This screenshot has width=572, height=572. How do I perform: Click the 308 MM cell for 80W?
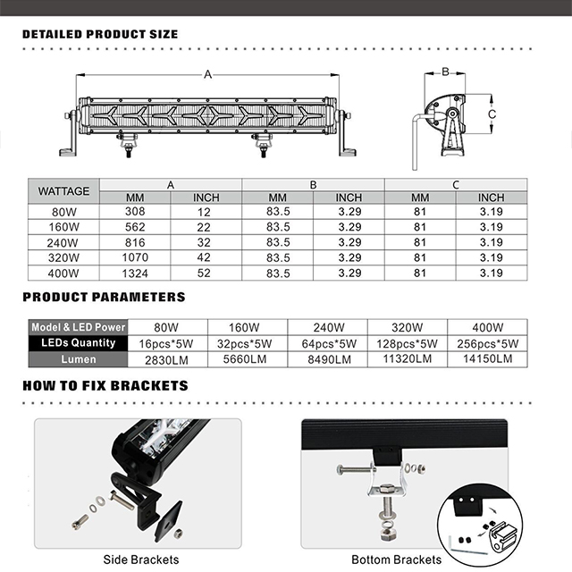(x=135, y=213)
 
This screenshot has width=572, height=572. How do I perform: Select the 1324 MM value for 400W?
(x=135, y=273)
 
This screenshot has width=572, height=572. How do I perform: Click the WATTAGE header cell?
(x=63, y=190)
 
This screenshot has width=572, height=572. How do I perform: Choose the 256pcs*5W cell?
(x=486, y=343)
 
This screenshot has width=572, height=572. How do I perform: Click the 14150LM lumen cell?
(x=486, y=359)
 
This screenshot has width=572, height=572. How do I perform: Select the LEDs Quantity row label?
(x=79, y=343)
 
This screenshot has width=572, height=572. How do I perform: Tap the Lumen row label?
(x=79, y=359)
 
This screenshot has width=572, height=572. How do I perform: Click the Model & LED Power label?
(x=79, y=327)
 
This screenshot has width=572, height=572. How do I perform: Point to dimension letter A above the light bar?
(x=208, y=75)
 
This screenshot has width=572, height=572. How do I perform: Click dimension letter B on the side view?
(x=444, y=71)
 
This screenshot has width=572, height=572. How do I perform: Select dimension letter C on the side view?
(x=492, y=114)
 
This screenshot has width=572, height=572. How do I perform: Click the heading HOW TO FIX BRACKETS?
(x=105, y=386)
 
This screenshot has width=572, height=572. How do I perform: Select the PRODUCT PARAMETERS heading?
(x=104, y=297)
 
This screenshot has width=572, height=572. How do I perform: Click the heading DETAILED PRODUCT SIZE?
(x=100, y=34)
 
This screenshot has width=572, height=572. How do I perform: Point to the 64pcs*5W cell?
(x=327, y=343)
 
